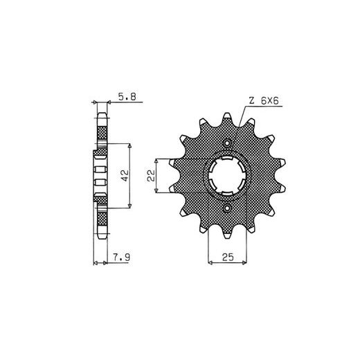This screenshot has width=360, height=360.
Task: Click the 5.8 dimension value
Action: point(127,96)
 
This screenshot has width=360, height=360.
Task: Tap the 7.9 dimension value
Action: point(121,258)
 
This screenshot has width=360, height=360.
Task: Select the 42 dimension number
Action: point(125,175)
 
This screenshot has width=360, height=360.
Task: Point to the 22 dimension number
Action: point(151,175)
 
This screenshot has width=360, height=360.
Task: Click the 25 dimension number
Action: point(228,257)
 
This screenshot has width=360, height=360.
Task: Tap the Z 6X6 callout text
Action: point(264,101)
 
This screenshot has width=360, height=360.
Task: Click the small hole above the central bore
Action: point(227,143)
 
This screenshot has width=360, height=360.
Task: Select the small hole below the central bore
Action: point(227,208)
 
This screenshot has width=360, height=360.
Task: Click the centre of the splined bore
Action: point(227,176)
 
